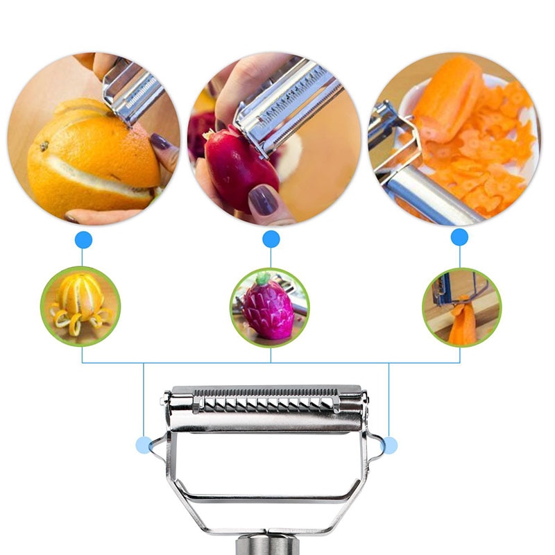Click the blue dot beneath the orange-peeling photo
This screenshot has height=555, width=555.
(83, 240)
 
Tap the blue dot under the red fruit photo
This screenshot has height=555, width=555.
(271, 239)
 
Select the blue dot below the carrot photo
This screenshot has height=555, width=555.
(459, 237)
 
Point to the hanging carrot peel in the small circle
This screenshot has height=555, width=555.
(461, 323)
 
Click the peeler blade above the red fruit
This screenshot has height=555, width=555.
(288, 108)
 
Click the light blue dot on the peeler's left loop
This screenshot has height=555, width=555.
(144, 445)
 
